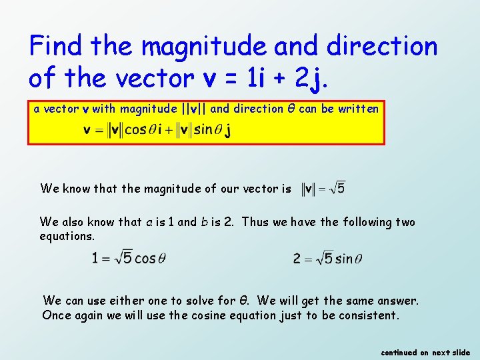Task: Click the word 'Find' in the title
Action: pos(56,47)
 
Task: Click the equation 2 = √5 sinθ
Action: pos(327,258)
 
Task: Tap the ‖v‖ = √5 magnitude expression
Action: pos(323,189)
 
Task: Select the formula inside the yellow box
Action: pos(157,129)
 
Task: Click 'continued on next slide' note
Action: pos(425,352)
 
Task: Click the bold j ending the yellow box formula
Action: pos(228,130)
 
